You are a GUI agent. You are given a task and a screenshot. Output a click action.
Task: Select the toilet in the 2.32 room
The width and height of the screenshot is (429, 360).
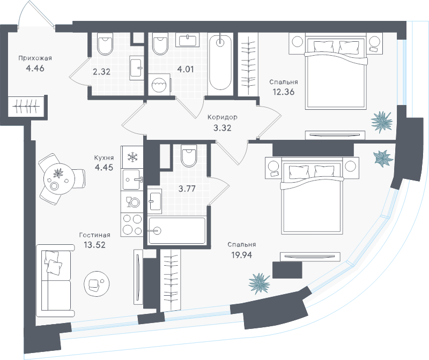point(105,46)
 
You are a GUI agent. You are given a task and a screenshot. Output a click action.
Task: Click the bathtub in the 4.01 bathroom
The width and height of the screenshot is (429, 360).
point(220,62)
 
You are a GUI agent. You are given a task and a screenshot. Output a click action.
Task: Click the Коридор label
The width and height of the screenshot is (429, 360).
point(222,117)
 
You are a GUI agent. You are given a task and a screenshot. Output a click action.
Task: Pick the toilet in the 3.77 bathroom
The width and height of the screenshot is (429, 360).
point(189,156)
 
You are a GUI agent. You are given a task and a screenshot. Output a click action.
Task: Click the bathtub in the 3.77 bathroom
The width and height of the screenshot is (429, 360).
point(177,230)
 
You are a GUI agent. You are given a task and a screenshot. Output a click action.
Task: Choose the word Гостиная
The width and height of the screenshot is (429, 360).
point(94,235)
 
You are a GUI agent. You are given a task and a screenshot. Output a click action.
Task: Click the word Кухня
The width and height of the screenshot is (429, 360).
point(104,159)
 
